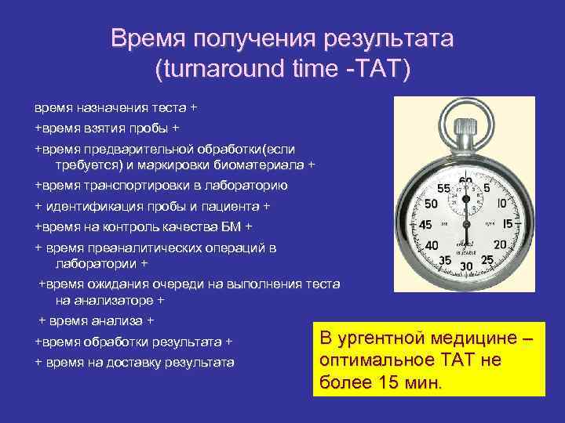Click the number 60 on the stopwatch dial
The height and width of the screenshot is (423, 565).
[466, 183]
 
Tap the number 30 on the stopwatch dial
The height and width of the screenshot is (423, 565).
[466, 266]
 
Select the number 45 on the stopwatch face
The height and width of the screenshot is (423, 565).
[425, 225]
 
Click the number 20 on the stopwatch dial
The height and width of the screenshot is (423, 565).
[502, 246]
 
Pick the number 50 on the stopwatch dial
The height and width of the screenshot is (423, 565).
[430, 203]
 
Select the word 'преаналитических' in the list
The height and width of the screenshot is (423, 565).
[145, 248]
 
